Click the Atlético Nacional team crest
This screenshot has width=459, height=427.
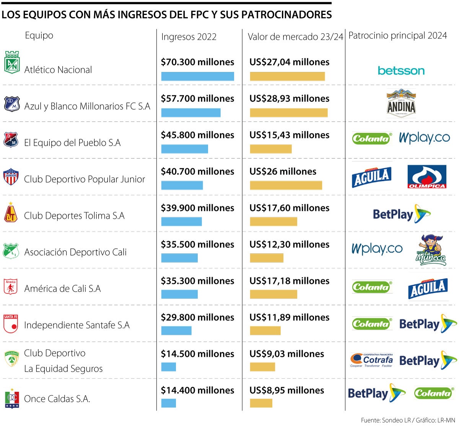tap(11, 62)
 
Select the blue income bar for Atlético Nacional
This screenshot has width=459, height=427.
tap(197, 77)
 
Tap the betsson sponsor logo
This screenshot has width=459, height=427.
tap(401, 71)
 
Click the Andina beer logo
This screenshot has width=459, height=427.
tap(401, 103)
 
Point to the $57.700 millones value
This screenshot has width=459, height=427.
tap(197, 99)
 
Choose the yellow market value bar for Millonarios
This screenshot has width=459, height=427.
tap(289, 113)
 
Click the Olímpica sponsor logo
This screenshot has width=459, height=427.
tap(426, 177)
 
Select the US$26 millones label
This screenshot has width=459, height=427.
tap(283, 171)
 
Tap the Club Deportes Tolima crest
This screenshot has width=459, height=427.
tap(11, 213)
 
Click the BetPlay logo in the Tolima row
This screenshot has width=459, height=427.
tap(401, 214)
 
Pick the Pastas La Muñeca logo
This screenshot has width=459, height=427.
tap(431, 250)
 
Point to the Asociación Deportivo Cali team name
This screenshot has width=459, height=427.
tap(75, 252)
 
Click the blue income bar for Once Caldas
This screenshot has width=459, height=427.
tap(168, 403)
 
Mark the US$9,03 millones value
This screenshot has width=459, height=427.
tap(286, 354)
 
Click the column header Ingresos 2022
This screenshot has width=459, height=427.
tap(189, 37)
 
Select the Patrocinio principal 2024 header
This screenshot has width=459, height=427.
tap(397, 36)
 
